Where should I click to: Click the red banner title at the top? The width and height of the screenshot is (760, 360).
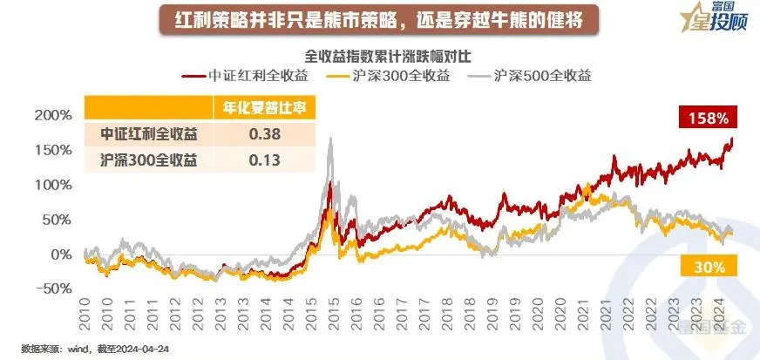tap(379, 17)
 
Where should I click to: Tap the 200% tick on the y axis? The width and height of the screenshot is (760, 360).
tap(55, 115)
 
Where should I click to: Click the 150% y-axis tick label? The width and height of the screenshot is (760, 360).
tap(55, 150)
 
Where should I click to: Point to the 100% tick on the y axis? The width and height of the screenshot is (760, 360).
tap(55, 185)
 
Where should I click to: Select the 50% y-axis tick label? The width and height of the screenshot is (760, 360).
tap(58, 220)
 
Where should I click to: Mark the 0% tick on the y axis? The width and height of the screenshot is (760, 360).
tap(61, 255)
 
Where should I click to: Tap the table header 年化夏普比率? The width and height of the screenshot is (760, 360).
tap(265, 109)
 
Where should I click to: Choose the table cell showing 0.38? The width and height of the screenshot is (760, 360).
tap(265, 135)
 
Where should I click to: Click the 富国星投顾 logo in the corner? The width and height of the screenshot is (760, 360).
tap(710, 20)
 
